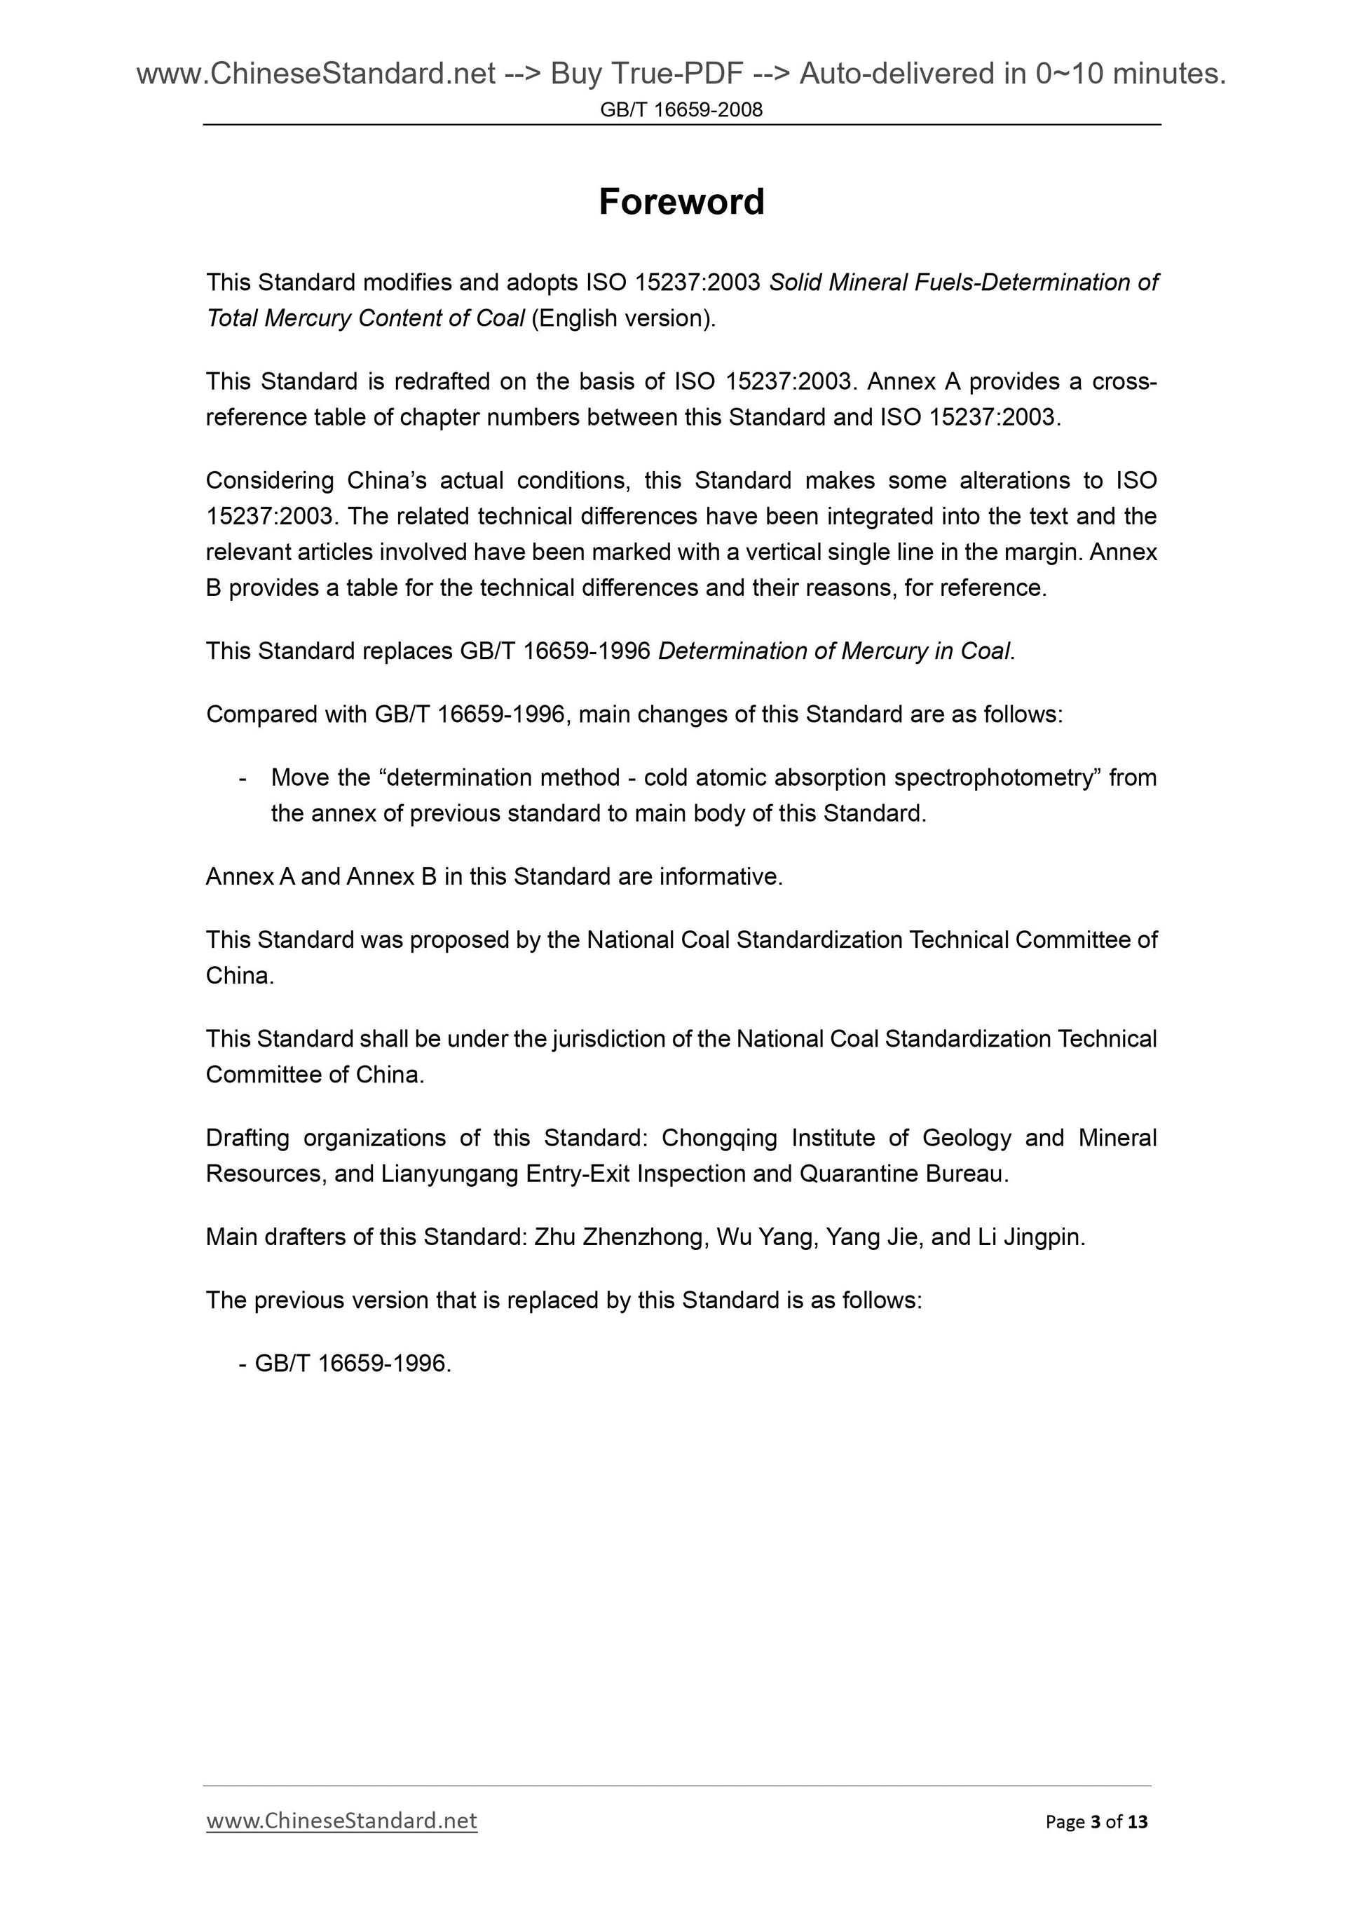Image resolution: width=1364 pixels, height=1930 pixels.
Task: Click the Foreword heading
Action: tap(681, 203)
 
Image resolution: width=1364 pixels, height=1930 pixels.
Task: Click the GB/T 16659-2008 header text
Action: tap(681, 110)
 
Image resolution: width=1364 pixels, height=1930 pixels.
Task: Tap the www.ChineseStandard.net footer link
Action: tap(341, 1821)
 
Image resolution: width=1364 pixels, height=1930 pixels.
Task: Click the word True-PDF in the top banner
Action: tap(677, 75)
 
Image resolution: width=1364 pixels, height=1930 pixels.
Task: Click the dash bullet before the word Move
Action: tap(243, 778)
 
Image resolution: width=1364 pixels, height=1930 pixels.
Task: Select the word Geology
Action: tap(967, 1139)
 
